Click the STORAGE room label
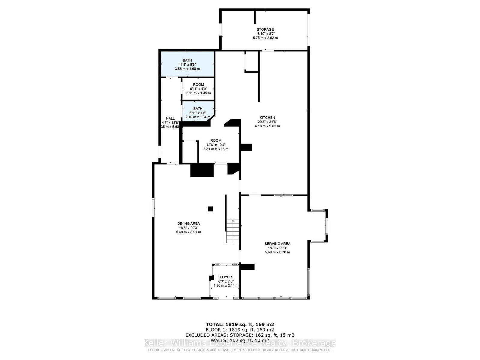pyautogui.click(x=265, y=29)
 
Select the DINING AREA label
pyautogui.click(x=188, y=223)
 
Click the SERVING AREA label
pyautogui.click(x=277, y=244)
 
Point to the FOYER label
pyautogui.click(x=226, y=277)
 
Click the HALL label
pyautogui.click(x=170, y=118)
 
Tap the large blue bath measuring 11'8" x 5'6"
pyautogui.click(x=187, y=64)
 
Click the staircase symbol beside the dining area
pyautogui.click(x=233, y=231)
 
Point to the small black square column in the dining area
pyautogui.click(x=210, y=209)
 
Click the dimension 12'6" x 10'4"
pyautogui.click(x=216, y=145)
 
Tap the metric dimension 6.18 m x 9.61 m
pyautogui.click(x=267, y=126)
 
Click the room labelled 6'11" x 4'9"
pyautogui.click(x=198, y=89)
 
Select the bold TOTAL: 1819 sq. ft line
pyautogui.click(x=240, y=324)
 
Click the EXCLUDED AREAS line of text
pyautogui.click(x=240, y=335)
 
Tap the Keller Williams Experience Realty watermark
pyautogui.click(x=240, y=343)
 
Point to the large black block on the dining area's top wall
pyautogui.click(x=202, y=170)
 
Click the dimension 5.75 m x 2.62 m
pyautogui.click(x=265, y=38)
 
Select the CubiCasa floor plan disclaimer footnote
pyautogui.click(x=240, y=350)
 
